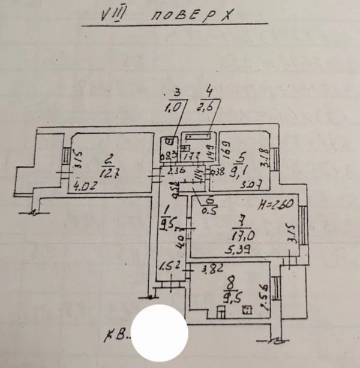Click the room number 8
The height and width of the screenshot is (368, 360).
[x=228, y=281]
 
